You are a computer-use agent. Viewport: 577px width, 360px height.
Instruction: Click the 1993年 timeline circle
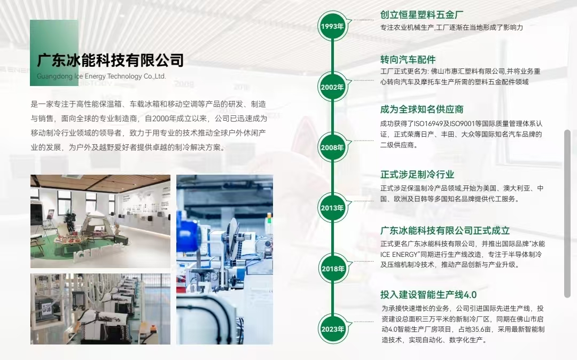coord(332,26)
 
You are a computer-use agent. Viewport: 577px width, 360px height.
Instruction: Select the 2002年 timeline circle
coord(332,87)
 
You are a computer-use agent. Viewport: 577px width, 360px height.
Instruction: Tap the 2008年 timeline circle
coord(332,147)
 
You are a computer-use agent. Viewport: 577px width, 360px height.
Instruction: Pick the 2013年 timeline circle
coord(332,208)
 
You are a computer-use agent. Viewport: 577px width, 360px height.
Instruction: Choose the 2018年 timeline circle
coord(332,269)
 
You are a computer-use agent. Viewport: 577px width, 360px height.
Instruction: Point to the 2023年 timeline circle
coord(332,329)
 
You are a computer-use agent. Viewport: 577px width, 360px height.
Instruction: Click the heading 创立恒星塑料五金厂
coord(422,15)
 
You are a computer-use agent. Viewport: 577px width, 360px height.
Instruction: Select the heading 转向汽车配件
coord(408,60)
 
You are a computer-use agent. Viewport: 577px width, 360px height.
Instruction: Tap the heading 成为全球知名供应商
coord(422,109)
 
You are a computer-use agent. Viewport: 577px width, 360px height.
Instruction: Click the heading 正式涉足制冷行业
coord(417,174)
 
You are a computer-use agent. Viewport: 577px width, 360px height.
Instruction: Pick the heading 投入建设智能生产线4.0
coord(428,294)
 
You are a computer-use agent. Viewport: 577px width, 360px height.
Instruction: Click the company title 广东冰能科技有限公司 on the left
coord(111,60)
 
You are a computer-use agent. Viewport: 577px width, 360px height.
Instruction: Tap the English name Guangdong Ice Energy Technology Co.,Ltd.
coord(101,76)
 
